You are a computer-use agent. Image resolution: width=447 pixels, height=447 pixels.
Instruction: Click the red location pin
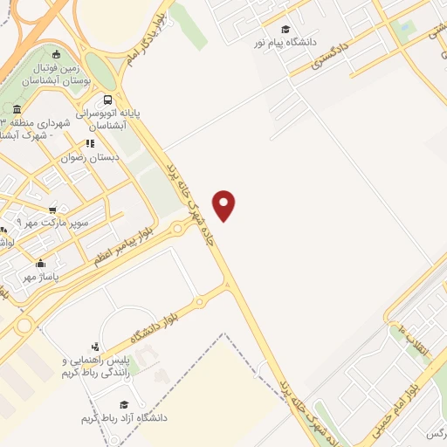[x=225, y=204]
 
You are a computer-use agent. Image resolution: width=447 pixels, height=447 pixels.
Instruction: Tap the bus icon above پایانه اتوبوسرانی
[x=107, y=100]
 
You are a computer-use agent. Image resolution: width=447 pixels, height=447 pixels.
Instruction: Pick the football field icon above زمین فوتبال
[x=58, y=53]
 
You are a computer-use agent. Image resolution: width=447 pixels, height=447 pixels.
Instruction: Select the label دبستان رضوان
[x=85, y=158]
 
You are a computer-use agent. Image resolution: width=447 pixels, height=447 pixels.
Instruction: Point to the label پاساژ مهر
[x=39, y=277]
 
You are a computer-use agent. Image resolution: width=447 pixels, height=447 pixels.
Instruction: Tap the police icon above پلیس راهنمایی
[x=94, y=347]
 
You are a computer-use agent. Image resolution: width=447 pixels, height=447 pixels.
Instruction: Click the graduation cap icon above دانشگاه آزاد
[x=124, y=405]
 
